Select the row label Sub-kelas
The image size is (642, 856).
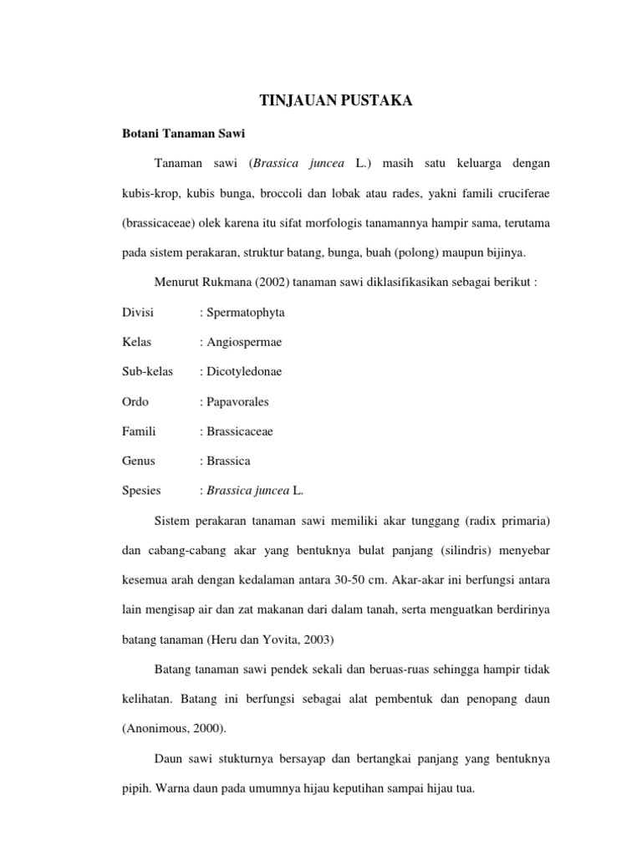click(147, 371)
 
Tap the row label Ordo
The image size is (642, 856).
click(135, 401)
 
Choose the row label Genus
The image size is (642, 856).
click(139, 461)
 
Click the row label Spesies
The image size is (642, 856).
click(142, 491)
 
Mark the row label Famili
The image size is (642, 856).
click(140, 431)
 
